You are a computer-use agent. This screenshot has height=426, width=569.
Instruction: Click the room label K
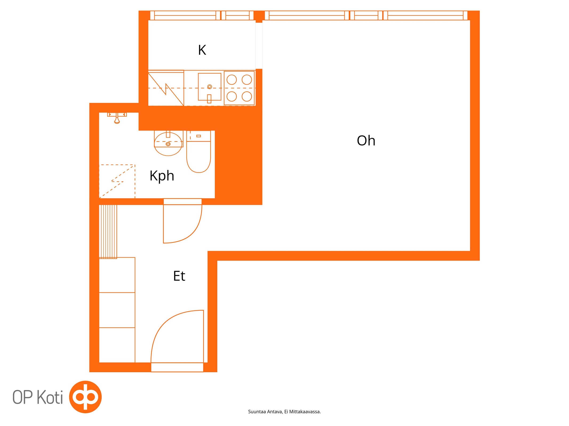202,50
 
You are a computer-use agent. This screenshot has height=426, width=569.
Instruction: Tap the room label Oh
366,141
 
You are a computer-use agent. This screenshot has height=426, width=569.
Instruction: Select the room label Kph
162,176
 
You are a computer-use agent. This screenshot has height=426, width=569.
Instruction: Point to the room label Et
179,276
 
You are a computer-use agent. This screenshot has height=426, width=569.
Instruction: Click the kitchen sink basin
209,87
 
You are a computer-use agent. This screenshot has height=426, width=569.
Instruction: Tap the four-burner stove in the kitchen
239,88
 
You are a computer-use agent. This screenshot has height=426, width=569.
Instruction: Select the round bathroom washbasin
168,144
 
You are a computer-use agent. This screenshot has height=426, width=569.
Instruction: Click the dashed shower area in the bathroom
117,181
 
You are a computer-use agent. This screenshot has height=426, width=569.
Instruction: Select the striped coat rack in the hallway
108,232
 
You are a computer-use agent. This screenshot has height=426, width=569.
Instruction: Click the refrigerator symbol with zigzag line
166,88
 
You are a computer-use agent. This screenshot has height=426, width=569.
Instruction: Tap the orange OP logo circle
85,397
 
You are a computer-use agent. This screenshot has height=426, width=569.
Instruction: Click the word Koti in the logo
50,397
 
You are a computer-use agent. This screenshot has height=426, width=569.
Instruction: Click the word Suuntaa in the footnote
257,412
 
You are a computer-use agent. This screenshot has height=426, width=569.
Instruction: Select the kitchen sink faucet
209,98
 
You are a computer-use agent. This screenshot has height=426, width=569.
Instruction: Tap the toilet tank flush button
198,136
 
